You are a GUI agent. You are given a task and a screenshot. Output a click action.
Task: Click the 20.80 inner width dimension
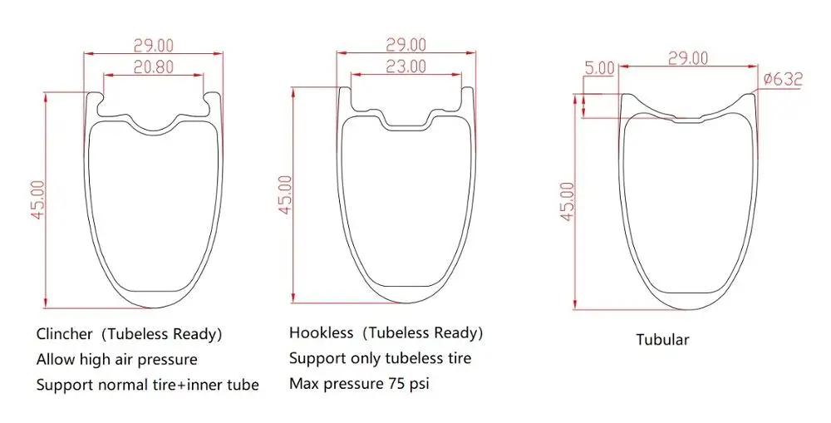point(153,67)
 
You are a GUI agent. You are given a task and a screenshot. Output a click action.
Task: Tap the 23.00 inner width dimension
point(406,66)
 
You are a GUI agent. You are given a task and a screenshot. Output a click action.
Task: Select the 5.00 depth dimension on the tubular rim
point(599,68)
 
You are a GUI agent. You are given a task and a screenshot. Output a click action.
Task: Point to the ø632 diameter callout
point(784,80)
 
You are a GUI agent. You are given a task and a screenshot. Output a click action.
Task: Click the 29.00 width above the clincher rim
point(153,45)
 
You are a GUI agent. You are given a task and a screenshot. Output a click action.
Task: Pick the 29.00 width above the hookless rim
point(406,45)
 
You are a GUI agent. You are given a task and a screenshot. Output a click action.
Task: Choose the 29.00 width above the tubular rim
point(687,58)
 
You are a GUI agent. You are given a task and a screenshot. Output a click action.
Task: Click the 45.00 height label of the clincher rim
point(37,199)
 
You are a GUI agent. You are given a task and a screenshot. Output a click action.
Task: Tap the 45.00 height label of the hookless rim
point(286,194)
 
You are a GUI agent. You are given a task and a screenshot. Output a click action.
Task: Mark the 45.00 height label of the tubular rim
point(567,201)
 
